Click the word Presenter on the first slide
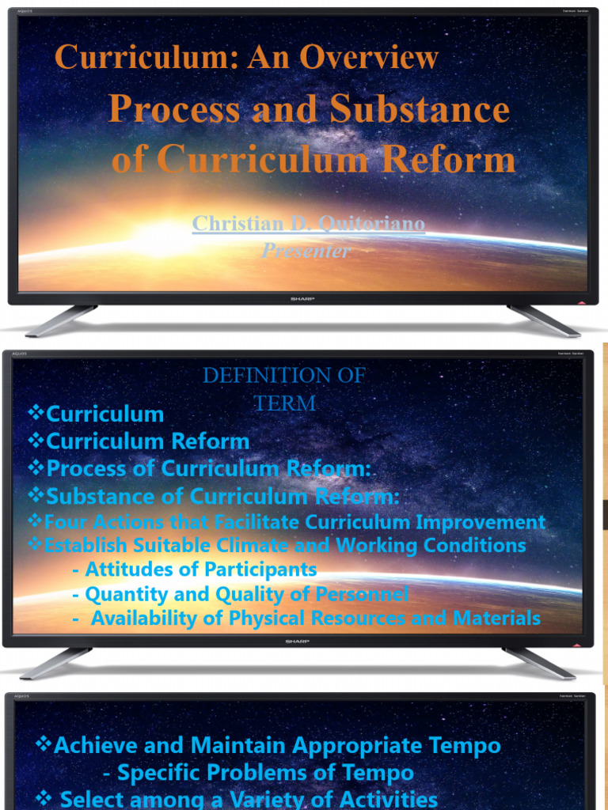tap(306, 251)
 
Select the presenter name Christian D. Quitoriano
tap(309, 224)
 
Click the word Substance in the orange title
tap(420, 109)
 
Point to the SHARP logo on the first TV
tap(298, 299)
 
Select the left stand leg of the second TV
tap(56, 663)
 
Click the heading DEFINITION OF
tap(284, 376)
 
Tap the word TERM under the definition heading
tap(285, 403)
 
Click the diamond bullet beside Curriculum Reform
tap(36, 440)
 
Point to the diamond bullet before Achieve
tap(44, 744)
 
